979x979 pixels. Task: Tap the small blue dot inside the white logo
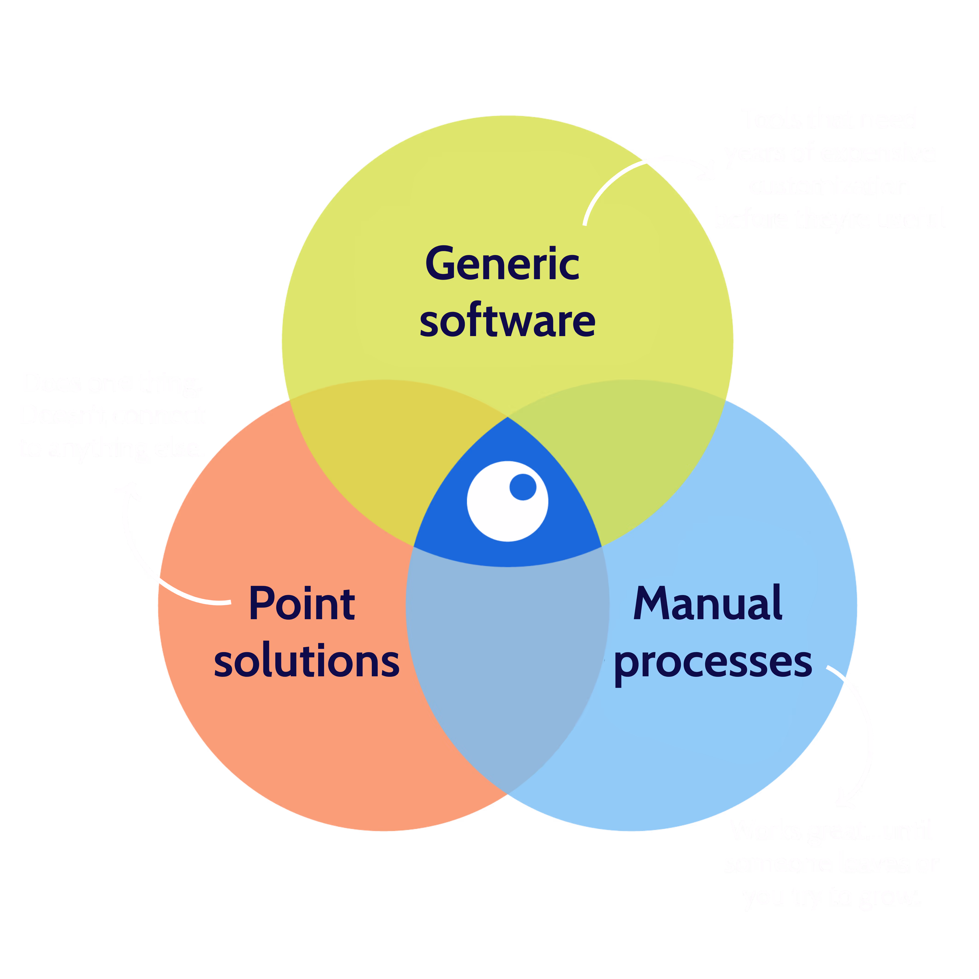pos(522,487)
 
